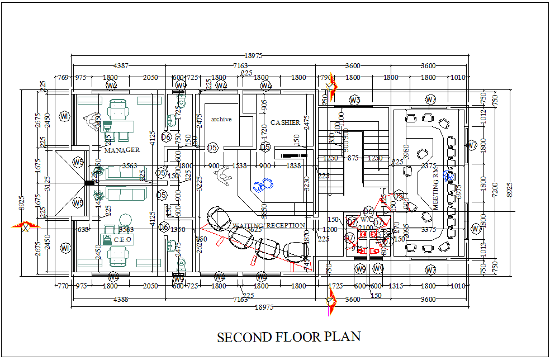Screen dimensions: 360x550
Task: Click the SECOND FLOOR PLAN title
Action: (288, 337)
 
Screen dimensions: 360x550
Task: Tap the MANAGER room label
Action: (122, 150)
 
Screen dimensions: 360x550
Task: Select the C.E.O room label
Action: (123, 239)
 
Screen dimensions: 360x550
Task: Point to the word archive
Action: (221, 119)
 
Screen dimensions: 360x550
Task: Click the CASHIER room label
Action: (285, 122)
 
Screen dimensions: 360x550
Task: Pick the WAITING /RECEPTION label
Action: (269, 225)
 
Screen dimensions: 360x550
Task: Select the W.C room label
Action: (366, 220)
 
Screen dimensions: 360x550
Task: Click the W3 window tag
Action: (354, 100)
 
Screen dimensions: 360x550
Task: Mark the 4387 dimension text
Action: (121, 65)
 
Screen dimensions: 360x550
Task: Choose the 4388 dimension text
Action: (121, 299)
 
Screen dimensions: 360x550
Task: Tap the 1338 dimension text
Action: (239, 166)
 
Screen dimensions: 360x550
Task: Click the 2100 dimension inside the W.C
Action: (366, 228)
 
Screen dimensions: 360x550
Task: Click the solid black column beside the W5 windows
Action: (89, 182)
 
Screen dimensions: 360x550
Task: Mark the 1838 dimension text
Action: (293, 166)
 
